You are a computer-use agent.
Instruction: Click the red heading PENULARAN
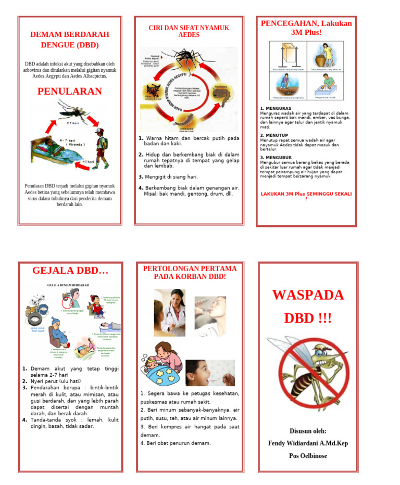pos(69,92)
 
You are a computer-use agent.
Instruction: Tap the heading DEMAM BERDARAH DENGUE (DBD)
pos(69,40)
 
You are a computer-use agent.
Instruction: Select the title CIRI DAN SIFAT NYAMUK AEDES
pos(189,31)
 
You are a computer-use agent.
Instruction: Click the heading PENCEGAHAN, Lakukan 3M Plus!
pos(306,28)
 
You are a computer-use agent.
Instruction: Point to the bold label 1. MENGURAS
pos(276,108)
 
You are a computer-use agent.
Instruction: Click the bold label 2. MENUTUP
pos(274,135)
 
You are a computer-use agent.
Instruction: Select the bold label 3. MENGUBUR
pos(276,157)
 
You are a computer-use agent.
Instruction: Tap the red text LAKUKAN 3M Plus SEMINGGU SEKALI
pos(306,194)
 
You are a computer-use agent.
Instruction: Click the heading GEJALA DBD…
pos(70,271)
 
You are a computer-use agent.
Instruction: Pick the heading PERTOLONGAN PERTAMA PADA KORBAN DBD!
pos(190,272)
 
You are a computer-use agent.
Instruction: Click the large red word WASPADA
pos(308,295)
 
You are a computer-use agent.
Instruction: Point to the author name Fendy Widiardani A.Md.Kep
pos(307,443)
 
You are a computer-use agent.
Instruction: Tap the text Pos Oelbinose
pos(308,456)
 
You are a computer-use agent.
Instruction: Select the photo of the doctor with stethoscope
pos(169,313)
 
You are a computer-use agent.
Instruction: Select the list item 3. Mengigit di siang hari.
pos(168,177)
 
